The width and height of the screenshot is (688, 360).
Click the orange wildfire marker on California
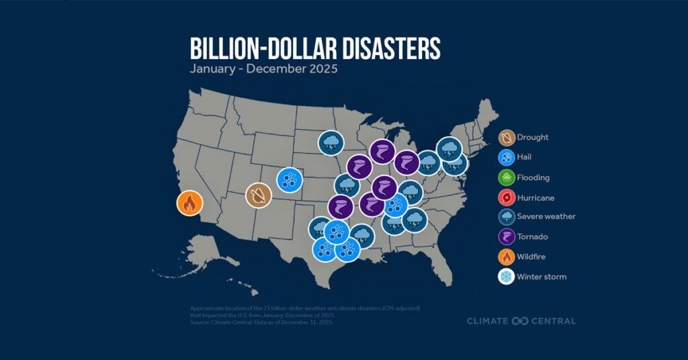click(x=189, y=203)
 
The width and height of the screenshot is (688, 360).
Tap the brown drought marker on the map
click(x=257, y=196)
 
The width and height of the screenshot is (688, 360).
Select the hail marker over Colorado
click(x=289, y=180)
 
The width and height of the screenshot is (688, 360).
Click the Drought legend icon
click(x=507, y=138)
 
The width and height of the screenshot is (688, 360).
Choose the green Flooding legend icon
click(x=507, y=177)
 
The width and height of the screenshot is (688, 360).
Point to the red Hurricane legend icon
click(x=507, y=197)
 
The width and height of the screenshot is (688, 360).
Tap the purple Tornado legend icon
click(x=507, y=236)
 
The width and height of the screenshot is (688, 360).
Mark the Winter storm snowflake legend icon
click(x=507, y=276)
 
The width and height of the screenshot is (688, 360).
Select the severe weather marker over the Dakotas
click(x=331, y=142)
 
